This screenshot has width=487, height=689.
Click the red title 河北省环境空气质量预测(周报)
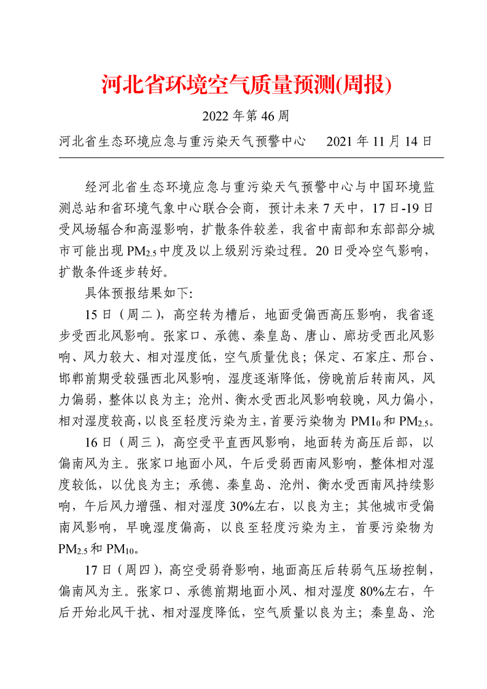(246, 85)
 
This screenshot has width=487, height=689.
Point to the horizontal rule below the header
(251, 158)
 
